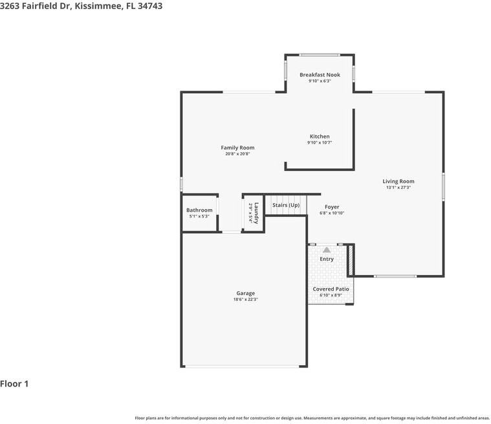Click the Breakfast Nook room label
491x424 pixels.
point(320,74)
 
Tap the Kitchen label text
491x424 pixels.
point(320,137)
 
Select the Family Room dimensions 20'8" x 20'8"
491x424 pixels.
point(237,154)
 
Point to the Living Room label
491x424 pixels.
point(398,181)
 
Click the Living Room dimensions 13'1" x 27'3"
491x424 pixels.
point(398,187)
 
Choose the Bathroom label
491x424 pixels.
point(199,210)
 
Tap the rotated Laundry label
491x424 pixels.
point(256,213)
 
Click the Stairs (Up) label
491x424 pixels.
point(286,205)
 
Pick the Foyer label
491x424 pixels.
point(332,207)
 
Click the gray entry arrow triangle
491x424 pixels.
point(327,250)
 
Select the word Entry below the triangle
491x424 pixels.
point(327,259)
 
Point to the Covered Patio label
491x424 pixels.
point(331,289)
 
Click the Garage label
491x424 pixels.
point(246,293)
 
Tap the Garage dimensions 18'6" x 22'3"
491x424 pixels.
point(246,300)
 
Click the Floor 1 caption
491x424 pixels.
point(14,384)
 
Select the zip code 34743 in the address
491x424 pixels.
point(150,6)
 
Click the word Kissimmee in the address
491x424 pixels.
point(98,6)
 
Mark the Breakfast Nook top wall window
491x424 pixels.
point(320,55)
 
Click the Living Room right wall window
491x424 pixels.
point(443,187)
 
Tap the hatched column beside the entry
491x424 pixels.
point(351,260)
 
